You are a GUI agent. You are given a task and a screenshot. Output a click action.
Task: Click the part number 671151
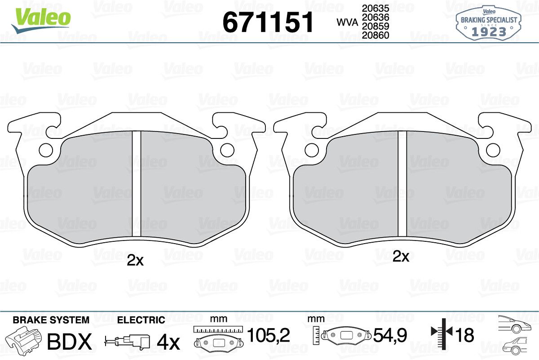[x=268, y=22]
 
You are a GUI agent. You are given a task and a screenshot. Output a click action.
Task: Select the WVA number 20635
[x=376, y=9]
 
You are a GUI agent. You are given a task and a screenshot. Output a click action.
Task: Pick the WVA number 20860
[x=376, y=35]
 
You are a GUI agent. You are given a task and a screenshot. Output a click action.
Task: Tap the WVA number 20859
[x=376, y=26]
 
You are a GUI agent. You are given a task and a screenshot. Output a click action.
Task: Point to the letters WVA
[x=347, y=22]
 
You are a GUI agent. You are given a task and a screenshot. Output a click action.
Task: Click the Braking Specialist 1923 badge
[x=489, y=23]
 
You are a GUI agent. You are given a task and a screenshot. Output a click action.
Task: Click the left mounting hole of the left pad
[x=46, y=150]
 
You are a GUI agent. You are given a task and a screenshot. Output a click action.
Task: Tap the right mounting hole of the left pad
[x=227, y=150]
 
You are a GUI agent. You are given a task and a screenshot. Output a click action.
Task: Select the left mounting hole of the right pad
[x=312, y=150]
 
